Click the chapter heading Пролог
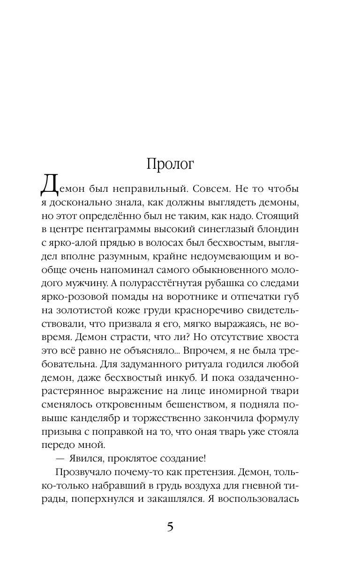click(x=170, y=164)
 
